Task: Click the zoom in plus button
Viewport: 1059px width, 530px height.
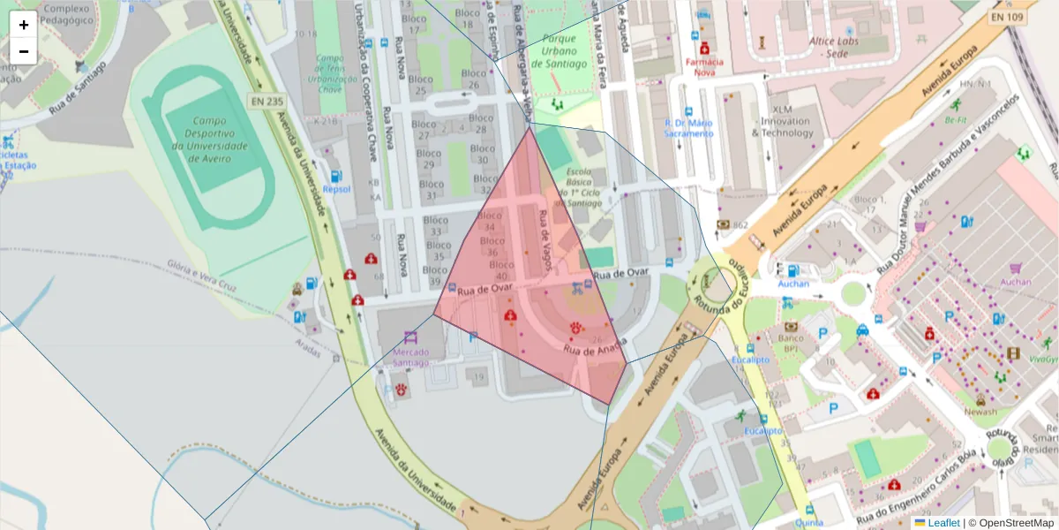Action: click(24, 25)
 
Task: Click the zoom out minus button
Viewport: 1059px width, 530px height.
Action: click(24, 51)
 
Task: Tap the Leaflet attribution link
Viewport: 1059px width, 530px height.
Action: click(943, 523)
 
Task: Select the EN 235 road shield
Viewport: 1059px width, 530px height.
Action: click(266, 102)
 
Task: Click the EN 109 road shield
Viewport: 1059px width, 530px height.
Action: click(1007, 17)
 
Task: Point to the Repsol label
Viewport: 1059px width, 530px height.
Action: click(336, 189)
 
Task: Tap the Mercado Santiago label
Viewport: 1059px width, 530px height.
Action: click(411, 358)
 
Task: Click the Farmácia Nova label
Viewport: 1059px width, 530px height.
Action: click(704, 67)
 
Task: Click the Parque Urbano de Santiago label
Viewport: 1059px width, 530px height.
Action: click(558, 51)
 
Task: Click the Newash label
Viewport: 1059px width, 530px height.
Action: click(980, 412)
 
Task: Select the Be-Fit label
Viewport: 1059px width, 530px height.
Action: click(956, 119)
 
